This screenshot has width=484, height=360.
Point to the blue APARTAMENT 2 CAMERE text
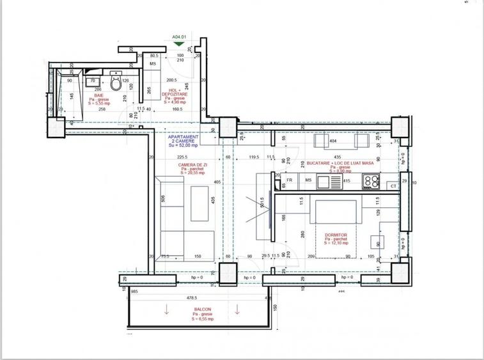(183, 141)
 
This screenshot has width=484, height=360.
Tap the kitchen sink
(334, 182)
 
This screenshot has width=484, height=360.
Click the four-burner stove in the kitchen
(371, 182)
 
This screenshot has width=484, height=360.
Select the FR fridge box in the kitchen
(290, 181)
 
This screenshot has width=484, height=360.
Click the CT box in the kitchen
(393, 186)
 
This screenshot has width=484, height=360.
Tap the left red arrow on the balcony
(167, 311)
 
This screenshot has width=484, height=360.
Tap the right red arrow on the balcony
(238, 311)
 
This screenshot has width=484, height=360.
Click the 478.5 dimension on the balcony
(191, 297)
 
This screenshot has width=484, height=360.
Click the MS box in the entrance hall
(153, 65)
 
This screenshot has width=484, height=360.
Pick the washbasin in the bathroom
(93, 81)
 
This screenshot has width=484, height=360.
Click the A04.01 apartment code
(179, 37)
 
